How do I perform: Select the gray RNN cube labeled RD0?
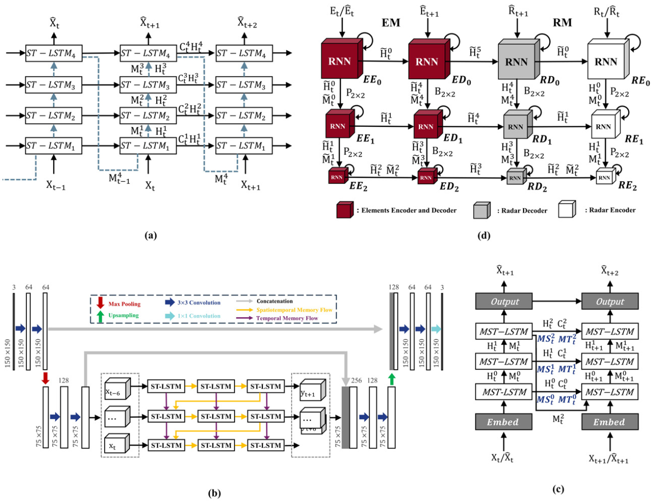[x=517, y=61]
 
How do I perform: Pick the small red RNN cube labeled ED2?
[x=426, y=177]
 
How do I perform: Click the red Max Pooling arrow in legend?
[x=101, y=303]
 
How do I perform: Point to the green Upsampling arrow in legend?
[x=101, y=316]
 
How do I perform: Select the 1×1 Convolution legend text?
[x=199, y=316]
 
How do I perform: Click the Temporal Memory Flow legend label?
[x=287, y=318]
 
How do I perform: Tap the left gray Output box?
[x=504, y=301]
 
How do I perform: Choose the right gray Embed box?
[x=609, y=422]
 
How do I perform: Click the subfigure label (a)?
[x=151, y=235]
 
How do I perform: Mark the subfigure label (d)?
[x=484, y=235]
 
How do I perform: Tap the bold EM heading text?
[x=391, y=23]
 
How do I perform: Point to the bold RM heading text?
[x=562, y=23]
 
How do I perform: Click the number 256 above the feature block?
[x=357, y=381]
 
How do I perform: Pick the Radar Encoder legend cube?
[x=567, y=210]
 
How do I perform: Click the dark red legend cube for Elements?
[x=345, y=210]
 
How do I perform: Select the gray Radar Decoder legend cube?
[x=481, y=210]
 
